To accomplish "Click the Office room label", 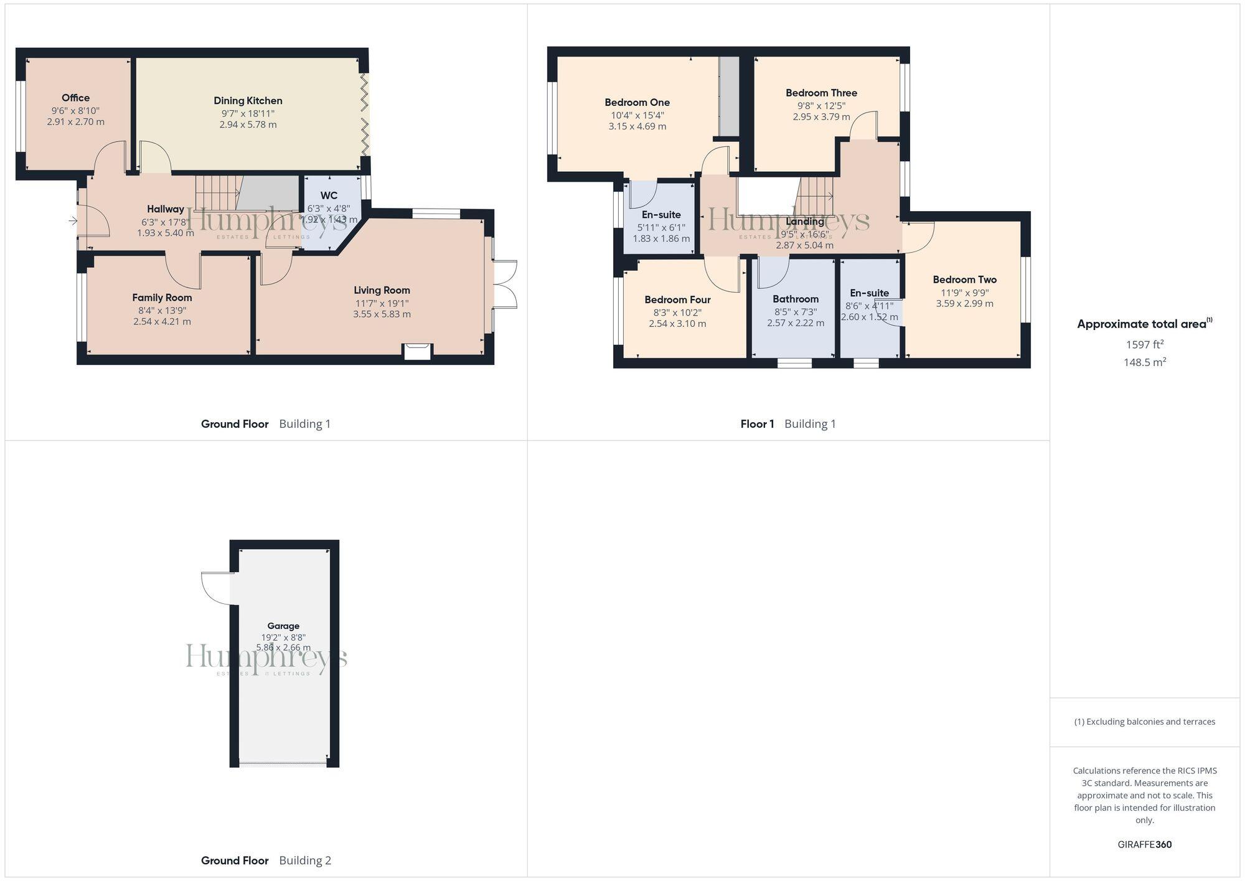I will (x=75, y=98).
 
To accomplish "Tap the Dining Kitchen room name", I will (x=248, y=101).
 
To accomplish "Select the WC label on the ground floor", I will (x=329, y=196).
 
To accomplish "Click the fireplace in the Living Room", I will (x=417, y=352).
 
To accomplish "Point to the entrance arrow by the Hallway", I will (x=73, y=220).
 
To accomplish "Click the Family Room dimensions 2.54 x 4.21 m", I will (x=162, y=322).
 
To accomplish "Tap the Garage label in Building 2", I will (x=283, y=626).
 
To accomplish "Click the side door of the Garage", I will (x=216, y=588).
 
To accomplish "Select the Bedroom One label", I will (x=637, y=103).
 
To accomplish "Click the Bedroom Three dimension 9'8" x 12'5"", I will (x=821, y=105).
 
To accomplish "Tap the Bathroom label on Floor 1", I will (x=795, y=299).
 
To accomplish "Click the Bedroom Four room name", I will (x=677, y=299).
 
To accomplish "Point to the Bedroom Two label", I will (x=964, y=280).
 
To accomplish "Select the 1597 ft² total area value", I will (x=1144, y=344).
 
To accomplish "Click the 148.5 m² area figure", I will (x=1144, y=362).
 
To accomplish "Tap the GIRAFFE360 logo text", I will (x=1144, y=844).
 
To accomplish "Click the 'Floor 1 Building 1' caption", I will (x=787, y=424).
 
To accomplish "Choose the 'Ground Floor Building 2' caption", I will (x=266, y=860).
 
